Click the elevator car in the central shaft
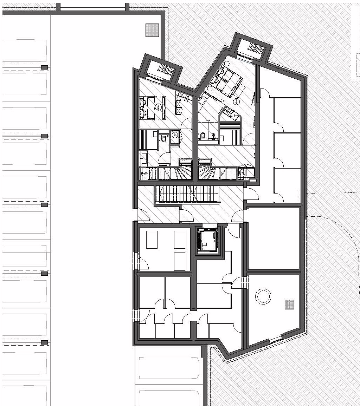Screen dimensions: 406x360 coord(207,241)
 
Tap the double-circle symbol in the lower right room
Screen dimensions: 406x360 coord(263,296)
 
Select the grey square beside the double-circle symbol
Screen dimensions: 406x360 coord(289,304)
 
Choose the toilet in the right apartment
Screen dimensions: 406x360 coord(203,135)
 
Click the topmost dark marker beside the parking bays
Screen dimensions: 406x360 coord(45,67)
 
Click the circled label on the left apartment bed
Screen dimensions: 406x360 coord(158,107)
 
